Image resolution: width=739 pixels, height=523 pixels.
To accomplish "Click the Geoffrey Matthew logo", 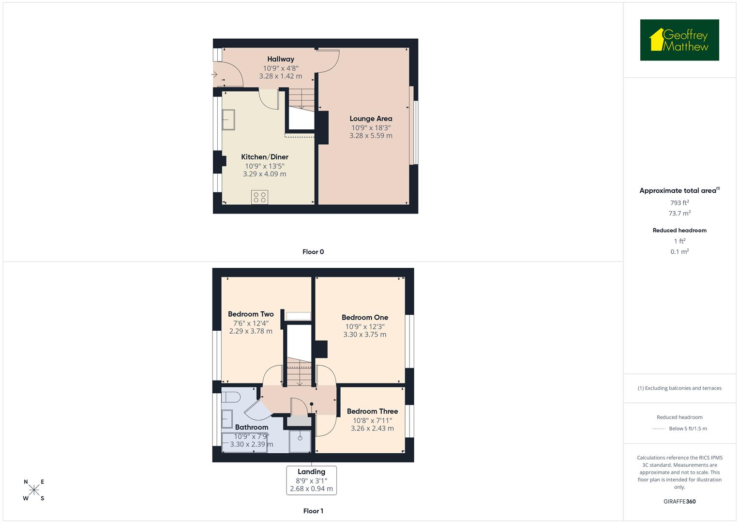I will point(679,40).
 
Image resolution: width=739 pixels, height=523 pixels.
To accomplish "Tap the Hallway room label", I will point(281,59).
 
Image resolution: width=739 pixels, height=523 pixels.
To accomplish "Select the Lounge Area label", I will point(371,119).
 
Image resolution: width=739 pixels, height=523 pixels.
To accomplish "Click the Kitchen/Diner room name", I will point(265,157).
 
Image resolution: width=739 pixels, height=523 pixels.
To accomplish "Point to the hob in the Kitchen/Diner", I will point(260,197).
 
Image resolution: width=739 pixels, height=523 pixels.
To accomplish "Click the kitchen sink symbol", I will point(228,120).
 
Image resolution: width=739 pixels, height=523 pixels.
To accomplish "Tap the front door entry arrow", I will point(214,75).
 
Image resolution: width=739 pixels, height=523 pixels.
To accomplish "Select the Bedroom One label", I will point(365,318).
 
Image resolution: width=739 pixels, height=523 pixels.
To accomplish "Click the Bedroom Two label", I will point(251,314).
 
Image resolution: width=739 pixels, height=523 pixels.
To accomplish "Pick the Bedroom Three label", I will point(372,412).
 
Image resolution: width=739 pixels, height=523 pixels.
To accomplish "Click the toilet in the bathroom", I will point(231,397).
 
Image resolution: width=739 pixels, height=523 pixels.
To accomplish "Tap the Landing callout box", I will point(311,480).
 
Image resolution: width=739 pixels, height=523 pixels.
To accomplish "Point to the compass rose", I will point(34,490).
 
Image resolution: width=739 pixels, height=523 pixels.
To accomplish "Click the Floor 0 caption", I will point(313,252).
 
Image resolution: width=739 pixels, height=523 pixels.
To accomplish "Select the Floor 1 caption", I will point(313,511).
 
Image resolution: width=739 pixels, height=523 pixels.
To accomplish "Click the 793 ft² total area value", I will point(679,203).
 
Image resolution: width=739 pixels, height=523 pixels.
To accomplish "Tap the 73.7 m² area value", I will point(679,214).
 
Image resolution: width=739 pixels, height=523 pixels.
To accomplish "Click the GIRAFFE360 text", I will point(679,501).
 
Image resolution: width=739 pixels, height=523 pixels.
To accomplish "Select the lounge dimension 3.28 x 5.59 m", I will point(371,136).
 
